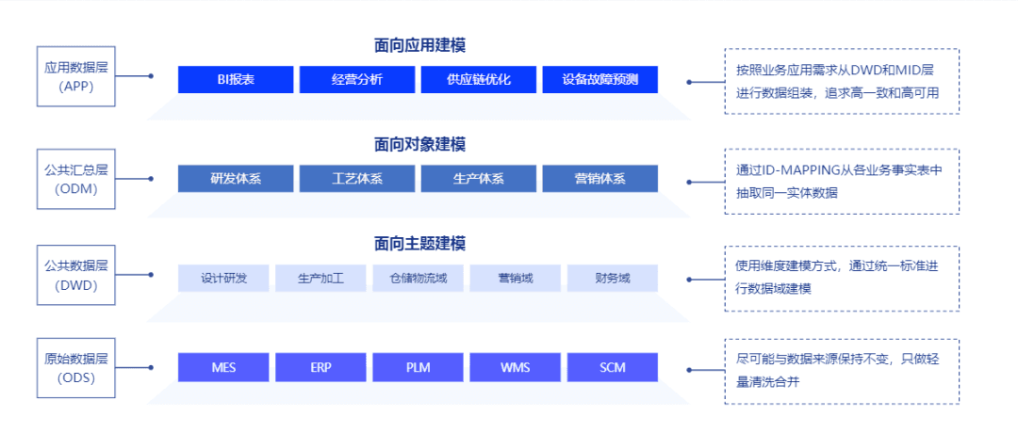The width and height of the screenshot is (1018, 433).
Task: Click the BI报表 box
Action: coord(236,80)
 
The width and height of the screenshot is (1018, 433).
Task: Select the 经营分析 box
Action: coord(357,80)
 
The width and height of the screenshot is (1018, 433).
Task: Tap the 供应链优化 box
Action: coord(479,80)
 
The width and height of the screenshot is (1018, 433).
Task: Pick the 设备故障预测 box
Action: coord(599,80)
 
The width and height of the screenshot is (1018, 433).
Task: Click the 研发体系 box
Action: coord(236,179)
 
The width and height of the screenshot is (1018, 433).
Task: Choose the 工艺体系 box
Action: coord(357,179)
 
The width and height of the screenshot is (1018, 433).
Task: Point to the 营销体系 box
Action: coord(599,179)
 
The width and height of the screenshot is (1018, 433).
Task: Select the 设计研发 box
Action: coord(224,278)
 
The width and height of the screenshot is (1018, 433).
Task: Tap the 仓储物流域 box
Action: coord(419,278)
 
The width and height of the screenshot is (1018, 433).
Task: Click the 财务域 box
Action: coord(613,278)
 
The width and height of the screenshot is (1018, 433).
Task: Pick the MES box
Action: coord(224,367)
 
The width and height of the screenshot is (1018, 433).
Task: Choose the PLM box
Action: coord(419,367)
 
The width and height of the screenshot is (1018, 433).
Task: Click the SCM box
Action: coord(613,367)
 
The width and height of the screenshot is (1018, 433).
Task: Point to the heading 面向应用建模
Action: coord(419,45)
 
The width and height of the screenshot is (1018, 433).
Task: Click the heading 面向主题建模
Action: coord(419,244)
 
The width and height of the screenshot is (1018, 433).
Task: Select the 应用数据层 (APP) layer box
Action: coord(76,76)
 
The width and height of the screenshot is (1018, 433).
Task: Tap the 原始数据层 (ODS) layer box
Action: coord(76,368)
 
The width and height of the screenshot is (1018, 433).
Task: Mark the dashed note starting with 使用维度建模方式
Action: coord(842,277)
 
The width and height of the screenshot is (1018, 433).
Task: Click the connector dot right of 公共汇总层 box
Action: coord(151,178)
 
